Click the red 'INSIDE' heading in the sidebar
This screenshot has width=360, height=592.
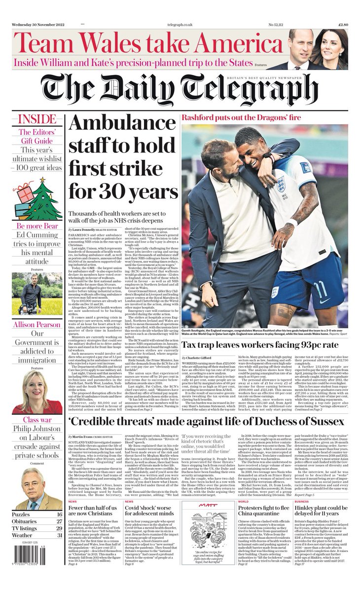(x=37, y=119)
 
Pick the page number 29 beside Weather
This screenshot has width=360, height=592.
(x=59, y=535)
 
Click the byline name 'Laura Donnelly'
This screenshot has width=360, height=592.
(x=82, y=230)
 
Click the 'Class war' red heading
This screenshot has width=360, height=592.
(x=36, y=420)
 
